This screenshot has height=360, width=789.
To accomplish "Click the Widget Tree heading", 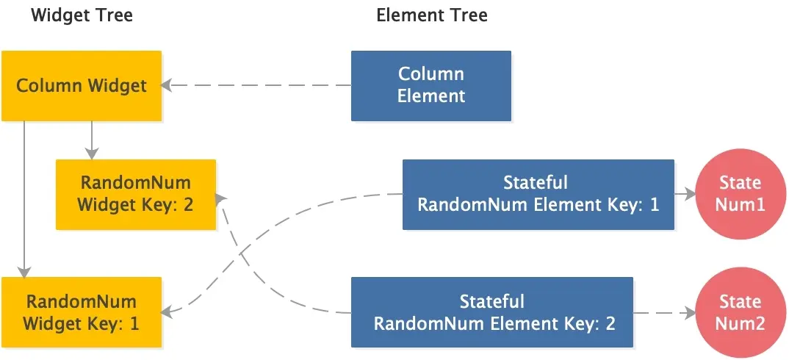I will click(82, 15).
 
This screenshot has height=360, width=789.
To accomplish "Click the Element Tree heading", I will click(431, 15).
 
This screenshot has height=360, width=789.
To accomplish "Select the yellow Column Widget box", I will click(82, 85).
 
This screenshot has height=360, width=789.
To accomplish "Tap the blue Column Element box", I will click(431, 85).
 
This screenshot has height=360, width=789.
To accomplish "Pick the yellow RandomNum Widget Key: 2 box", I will click(136, 194).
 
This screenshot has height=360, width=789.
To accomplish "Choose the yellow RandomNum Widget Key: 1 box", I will click(82, 312).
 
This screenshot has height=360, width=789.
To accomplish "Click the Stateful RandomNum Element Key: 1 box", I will click(538, 194).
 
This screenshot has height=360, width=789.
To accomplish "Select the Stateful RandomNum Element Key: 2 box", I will click(491, 312).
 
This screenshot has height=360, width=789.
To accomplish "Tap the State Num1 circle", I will click(740, 194).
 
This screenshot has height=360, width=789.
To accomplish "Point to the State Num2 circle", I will click(740, 312).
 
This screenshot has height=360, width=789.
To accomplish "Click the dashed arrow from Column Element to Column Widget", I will click(257, 85).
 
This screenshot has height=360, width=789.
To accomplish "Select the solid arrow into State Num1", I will click(684, 194).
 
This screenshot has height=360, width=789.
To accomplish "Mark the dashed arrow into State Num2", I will click(664, 312).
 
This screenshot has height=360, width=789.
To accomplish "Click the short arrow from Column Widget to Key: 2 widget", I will click(92, 140).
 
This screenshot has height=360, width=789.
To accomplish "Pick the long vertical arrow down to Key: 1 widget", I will click(24, 198).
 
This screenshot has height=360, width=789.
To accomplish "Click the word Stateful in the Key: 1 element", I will click(536, 183).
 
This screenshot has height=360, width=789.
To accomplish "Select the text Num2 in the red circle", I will click(740, 323).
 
